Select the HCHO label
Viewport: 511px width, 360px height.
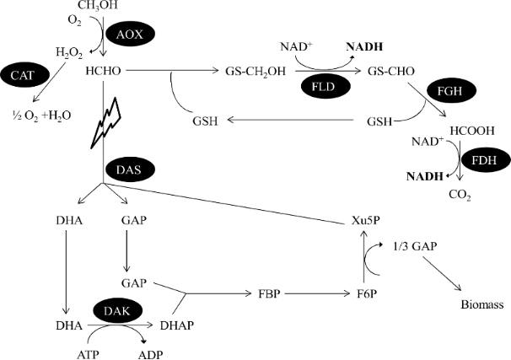coord(102,73)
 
